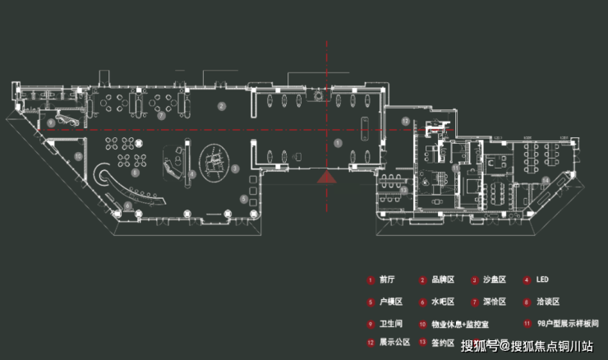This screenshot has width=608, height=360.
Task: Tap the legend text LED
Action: click(x=545, y=280)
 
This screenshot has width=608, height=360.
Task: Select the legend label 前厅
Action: click(x=388, y=280)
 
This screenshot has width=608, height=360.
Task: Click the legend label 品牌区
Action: click(x=441, y=280)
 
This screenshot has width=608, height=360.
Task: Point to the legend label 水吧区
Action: click(x=441, y=302)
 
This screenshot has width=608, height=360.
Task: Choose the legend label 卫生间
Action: click(x=390, y=323)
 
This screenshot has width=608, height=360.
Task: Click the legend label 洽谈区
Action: click(x=548, y=302)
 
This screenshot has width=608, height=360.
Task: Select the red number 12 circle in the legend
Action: click(x=371, y=342)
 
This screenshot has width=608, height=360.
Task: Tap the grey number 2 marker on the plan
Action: click(x=221, y=107)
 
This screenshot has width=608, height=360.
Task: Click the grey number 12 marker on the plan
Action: click(x=405, y=121)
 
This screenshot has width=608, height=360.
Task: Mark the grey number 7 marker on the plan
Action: click(x=161, y=116)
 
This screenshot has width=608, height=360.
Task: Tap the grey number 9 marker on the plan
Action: click(x=51, y=122)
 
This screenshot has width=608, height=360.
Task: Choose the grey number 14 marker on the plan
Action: click(x=546, y=178)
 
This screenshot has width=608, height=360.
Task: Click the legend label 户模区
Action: click(x=388, y=302)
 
